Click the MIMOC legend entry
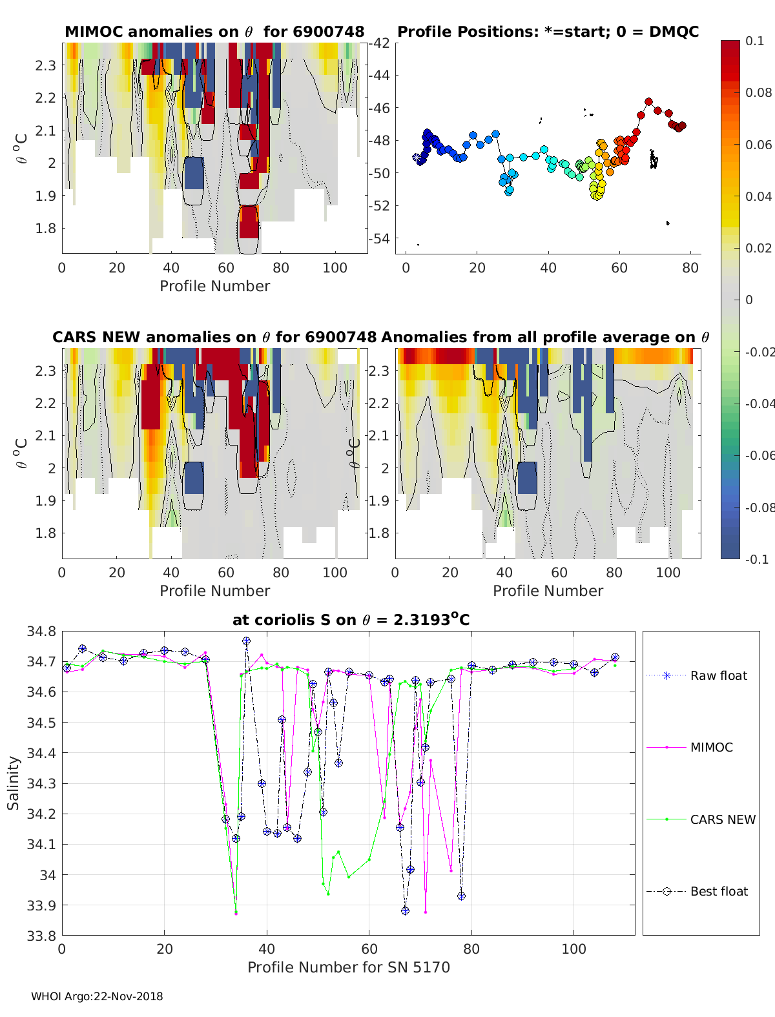pos(711,747)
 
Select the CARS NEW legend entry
pos(722,819)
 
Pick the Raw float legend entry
pos(718,675)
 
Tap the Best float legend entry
pos(718,891)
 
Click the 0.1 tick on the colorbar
pos(754,41)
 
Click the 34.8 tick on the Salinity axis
pos(41,632)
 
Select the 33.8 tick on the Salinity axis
pos(41,935)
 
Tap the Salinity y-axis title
pos(14,783)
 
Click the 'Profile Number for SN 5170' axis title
pos(348,967)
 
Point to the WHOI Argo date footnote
pos(97,996)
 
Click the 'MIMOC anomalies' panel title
pos(214,32)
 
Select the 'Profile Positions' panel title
pos(548,32)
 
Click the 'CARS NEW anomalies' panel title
pos(214,337)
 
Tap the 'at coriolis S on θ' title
pos(351,620)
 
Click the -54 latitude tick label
pos(380,238)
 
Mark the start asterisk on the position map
pos(417,157)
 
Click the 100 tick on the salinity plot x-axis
pos(573,949)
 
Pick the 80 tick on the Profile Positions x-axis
pos(690,268)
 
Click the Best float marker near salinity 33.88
pos(405,910)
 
